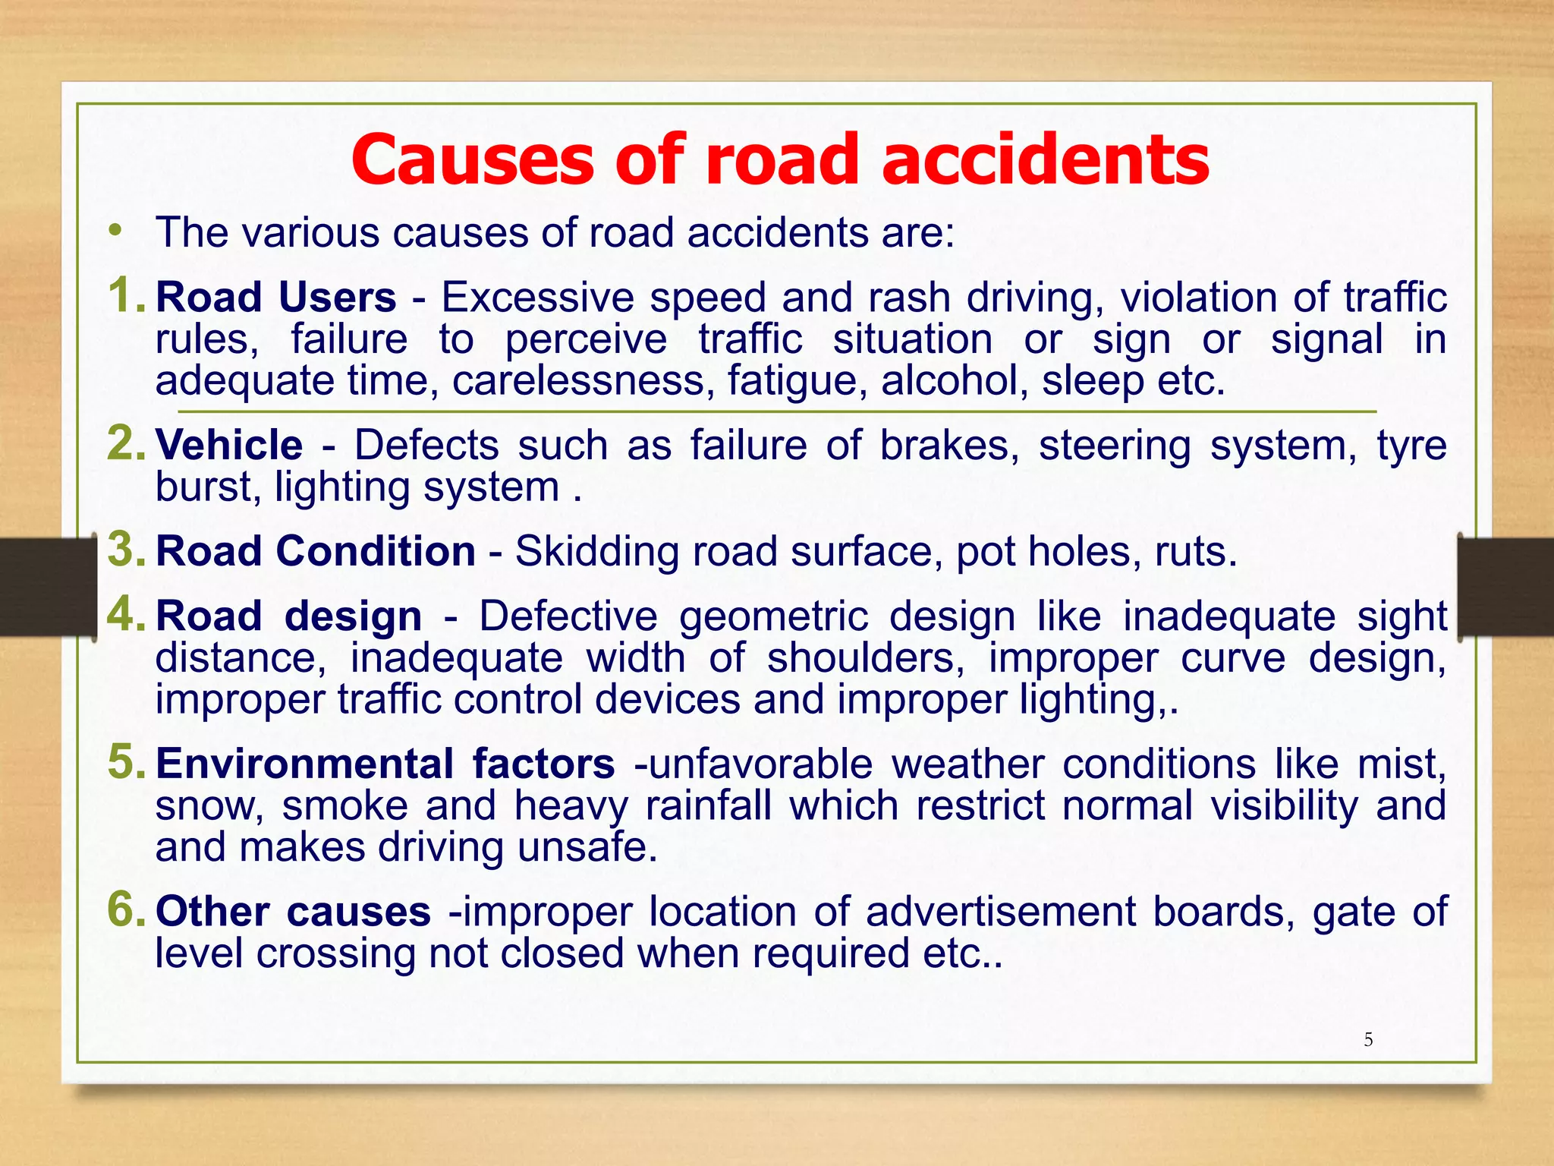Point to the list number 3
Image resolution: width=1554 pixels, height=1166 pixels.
pyautogui.click(x=126, y=549)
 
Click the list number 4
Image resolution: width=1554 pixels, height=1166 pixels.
pyautogui.click(x=126, y=613)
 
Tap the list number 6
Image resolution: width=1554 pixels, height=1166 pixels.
pyautogui.click(x=126, y=909)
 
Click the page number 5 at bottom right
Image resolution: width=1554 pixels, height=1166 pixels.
pyautogui.click(x=1368, y=1040)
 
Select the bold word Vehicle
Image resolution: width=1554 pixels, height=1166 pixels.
pyautogui.click(x=229, y=445)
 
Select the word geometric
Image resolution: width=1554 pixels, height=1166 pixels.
pyautogui.click(x=773, y=616)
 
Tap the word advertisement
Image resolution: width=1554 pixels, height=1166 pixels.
pyautogui.click(x=1001, y=912)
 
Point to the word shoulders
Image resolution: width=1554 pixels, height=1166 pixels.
pyautogui.click(x=865, y=657)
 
